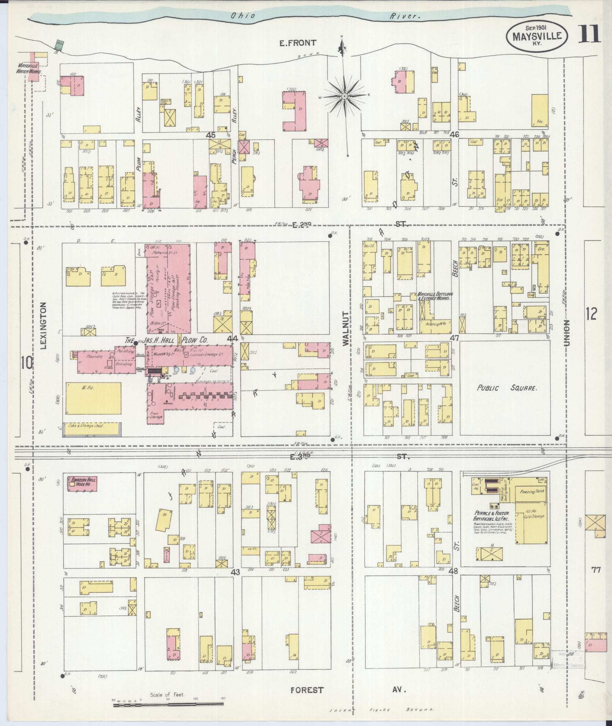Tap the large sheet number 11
point(590,35)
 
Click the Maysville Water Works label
point(28,69)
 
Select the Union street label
point(567,333)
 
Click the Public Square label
point(506,388)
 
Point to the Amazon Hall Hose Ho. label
point(82,482)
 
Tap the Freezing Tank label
point(529,491)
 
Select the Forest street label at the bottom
point(307,690)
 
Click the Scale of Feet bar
point(169,705)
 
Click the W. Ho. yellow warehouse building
point(93,398)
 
